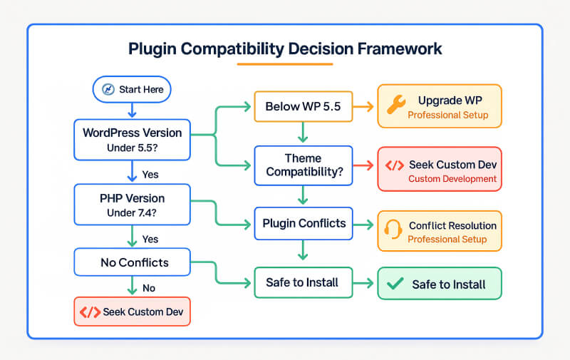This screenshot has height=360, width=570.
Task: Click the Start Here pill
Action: [132, 89]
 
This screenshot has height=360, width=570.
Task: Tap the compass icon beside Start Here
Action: [108, 89]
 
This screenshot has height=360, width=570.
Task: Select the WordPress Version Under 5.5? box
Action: [132, 139]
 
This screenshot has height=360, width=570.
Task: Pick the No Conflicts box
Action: [132, 262]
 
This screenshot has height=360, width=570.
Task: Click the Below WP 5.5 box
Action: [302, 107]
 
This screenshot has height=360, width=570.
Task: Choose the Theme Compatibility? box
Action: [302, 165]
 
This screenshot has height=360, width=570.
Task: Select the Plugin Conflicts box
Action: [302, 224]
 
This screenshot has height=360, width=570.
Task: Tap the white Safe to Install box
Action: [302, 283]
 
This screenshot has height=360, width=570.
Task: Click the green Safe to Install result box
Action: [439, 284]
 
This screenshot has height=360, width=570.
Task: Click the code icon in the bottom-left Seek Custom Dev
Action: [90, 312]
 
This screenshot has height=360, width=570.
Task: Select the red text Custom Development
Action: [452, 179]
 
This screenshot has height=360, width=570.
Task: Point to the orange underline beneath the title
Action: [285, 65]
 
